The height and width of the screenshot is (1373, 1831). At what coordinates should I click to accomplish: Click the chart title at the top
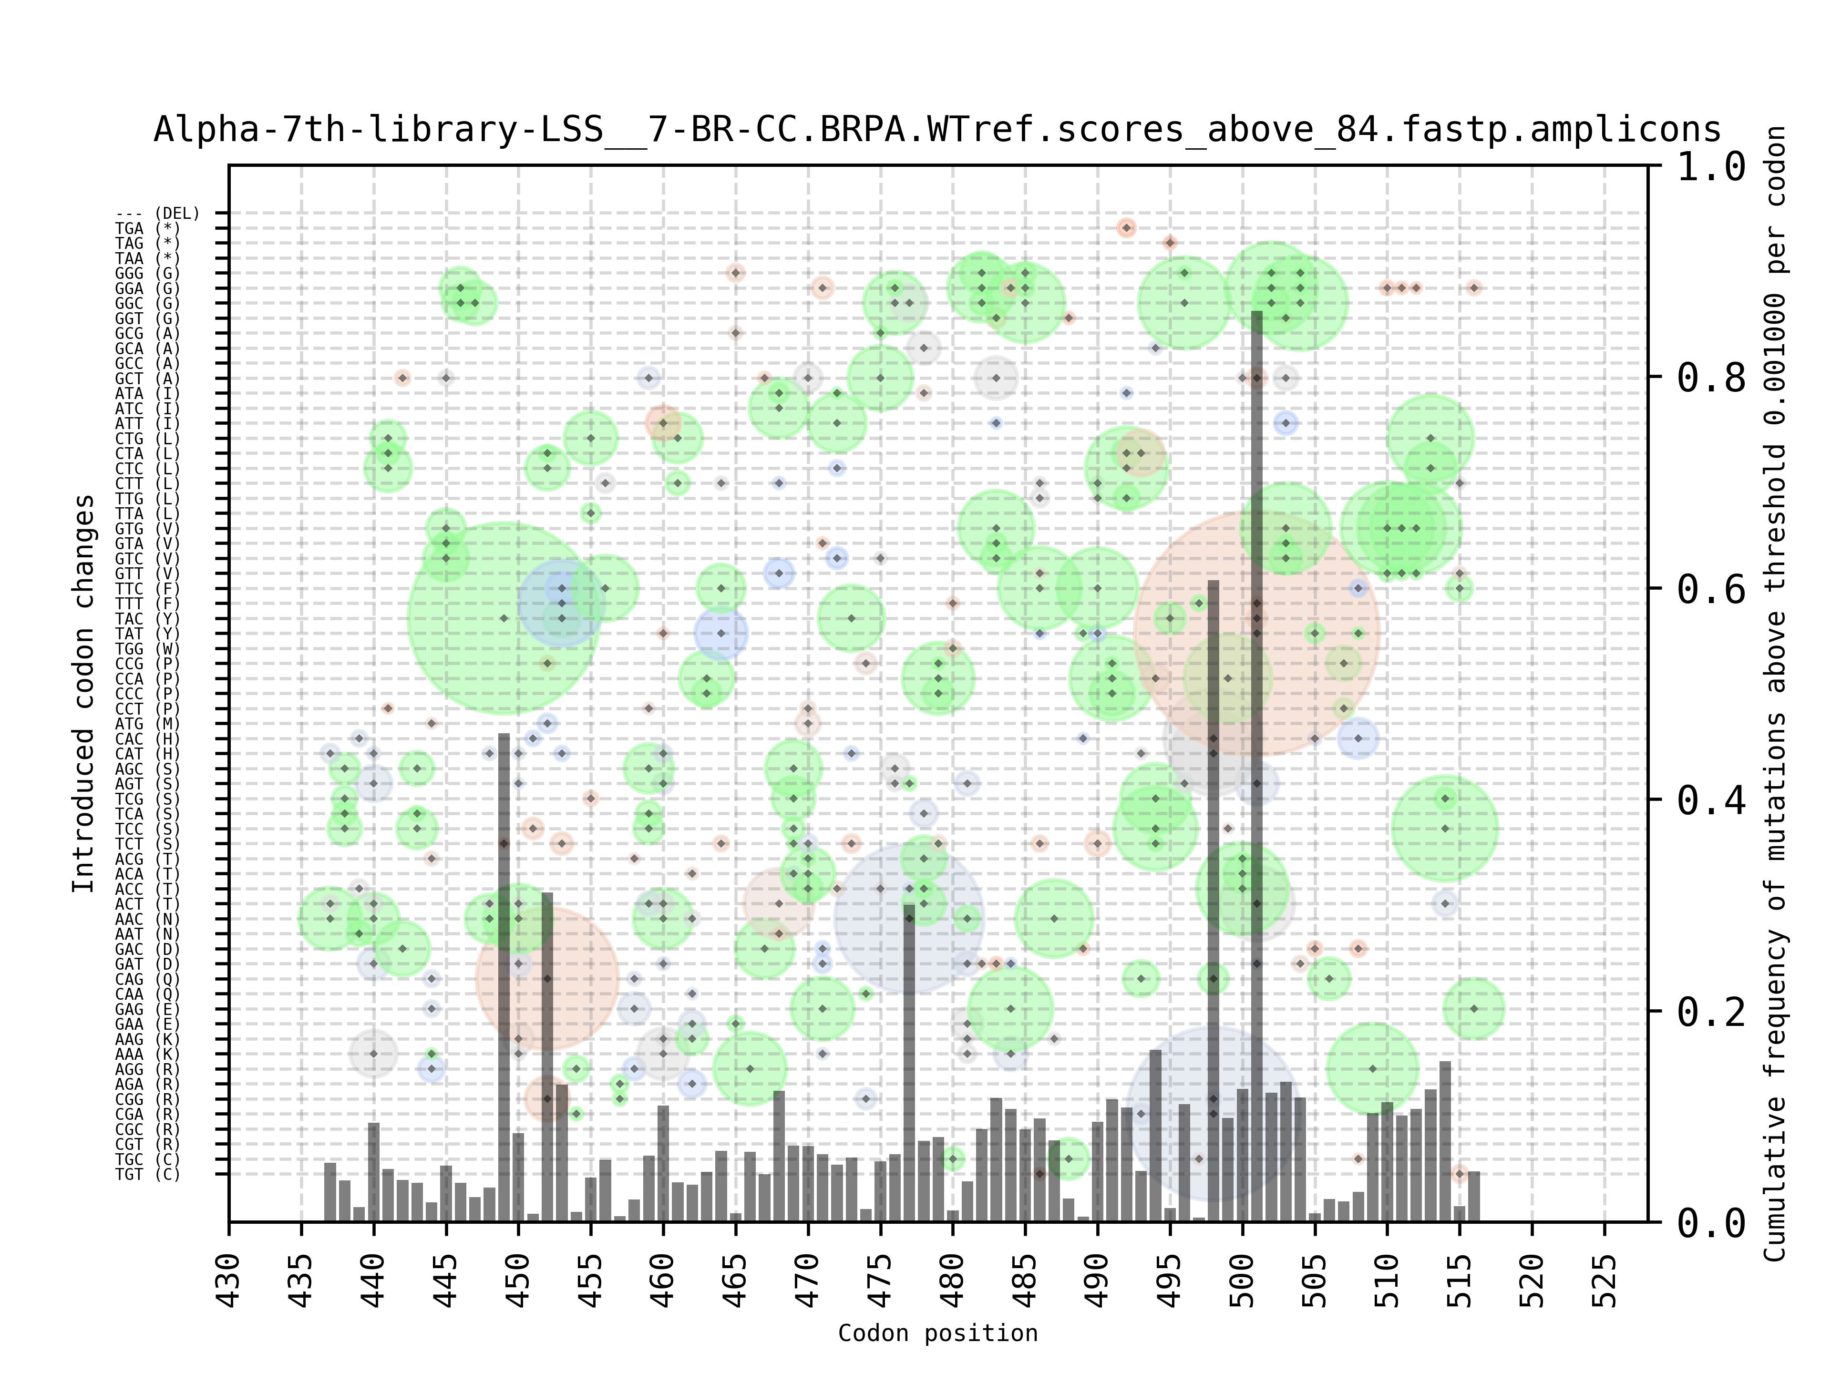(937, 130)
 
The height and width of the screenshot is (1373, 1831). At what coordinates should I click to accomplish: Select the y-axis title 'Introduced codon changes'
(83, 694)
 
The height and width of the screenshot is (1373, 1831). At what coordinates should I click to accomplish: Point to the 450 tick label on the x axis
(518, 1281)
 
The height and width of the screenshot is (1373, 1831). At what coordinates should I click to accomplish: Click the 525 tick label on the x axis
(1604, 1281)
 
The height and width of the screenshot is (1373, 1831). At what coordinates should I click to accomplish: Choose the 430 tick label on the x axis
(229, 1281)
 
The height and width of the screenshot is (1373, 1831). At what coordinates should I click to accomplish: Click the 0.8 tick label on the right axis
(1711, 378)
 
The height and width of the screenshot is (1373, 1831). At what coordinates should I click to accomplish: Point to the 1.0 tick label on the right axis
(1711, 166)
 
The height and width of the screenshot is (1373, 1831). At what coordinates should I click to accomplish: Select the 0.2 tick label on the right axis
(1711, 1011)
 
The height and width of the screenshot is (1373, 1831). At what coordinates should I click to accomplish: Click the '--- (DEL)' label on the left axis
(157, 214)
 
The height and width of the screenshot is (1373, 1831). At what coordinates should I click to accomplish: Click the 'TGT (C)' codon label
(147, 1174)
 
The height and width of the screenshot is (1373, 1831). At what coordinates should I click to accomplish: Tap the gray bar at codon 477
(909, 1064)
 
